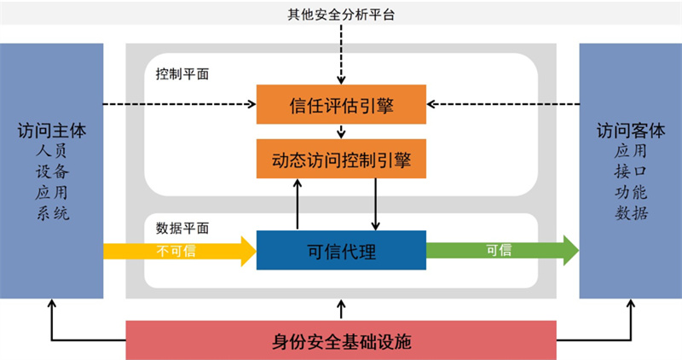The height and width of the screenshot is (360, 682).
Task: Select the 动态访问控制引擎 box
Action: click(x=341, y=159)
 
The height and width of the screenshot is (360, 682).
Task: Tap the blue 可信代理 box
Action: click(x=341, y=250)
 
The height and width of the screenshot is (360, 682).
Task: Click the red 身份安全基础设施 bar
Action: click(x=341, y=340)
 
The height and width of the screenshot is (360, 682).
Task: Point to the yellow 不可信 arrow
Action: click(x=179, y=250)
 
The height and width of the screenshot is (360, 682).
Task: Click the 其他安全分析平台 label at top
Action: click(x=341, y=14)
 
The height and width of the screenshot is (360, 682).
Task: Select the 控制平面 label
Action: click(x=182, y=74)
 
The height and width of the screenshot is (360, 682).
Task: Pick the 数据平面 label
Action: click(x=182, y=228)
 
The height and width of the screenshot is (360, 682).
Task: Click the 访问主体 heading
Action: click(x=52, y=131)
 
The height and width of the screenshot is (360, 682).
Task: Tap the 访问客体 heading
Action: click(x=630, y=131)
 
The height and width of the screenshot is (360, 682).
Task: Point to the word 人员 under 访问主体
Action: click(x=52, y=152)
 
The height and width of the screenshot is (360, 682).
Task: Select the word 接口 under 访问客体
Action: click(x=630, y=172)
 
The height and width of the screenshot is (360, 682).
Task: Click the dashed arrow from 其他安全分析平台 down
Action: click(x=341, y=51)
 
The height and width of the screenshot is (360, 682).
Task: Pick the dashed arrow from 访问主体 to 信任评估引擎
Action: click(x=179, y=105)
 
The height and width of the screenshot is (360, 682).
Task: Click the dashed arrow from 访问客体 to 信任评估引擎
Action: click(x=503, y=105)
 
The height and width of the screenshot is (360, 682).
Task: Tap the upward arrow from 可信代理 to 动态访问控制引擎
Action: click(x=298, y=205)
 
